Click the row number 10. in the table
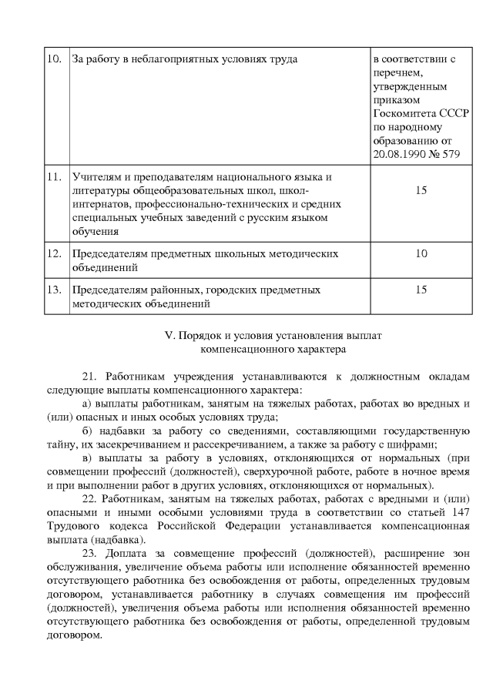point(55,59)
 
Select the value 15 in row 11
point(421,190)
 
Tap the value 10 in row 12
point(421,254)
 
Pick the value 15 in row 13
point(421,290)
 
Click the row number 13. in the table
point(55,290)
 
